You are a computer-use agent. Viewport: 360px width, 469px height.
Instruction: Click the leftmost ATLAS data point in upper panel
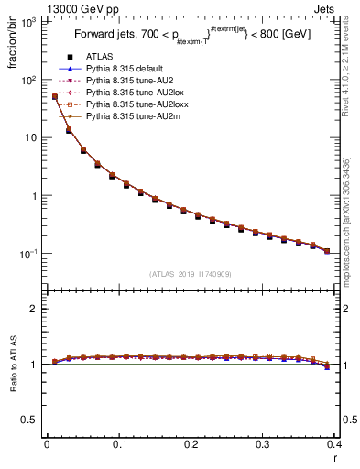click(54, 96)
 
